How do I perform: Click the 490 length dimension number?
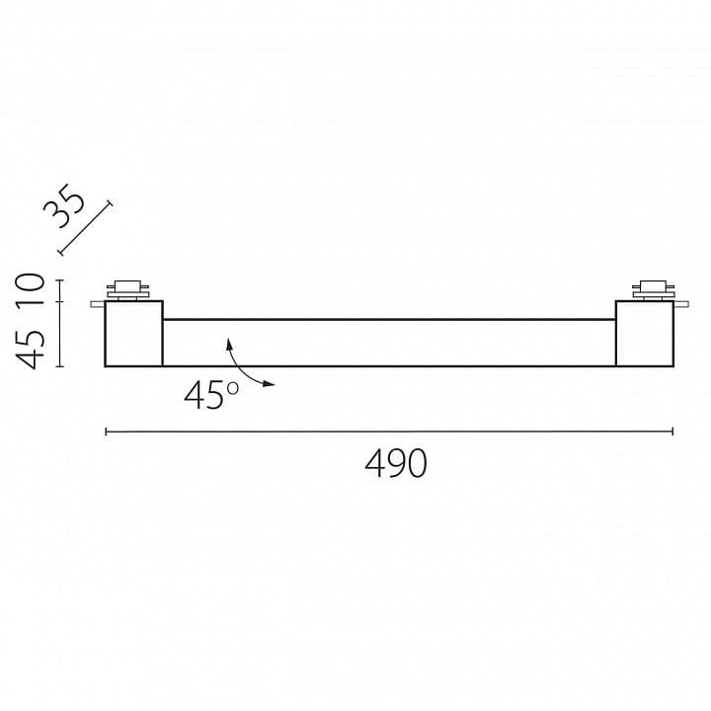[396, 463]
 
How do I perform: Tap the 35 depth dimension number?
[64, 205]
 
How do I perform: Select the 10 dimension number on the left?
[31, 289]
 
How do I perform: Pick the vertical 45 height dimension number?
[31, 350]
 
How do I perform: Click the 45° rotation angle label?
[211, 395]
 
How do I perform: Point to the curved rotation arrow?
[240, 368]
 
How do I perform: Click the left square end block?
[133, 334]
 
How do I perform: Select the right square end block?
[644, 334]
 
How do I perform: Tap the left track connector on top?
[127, 290]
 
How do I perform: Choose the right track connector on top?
[653, 290]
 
